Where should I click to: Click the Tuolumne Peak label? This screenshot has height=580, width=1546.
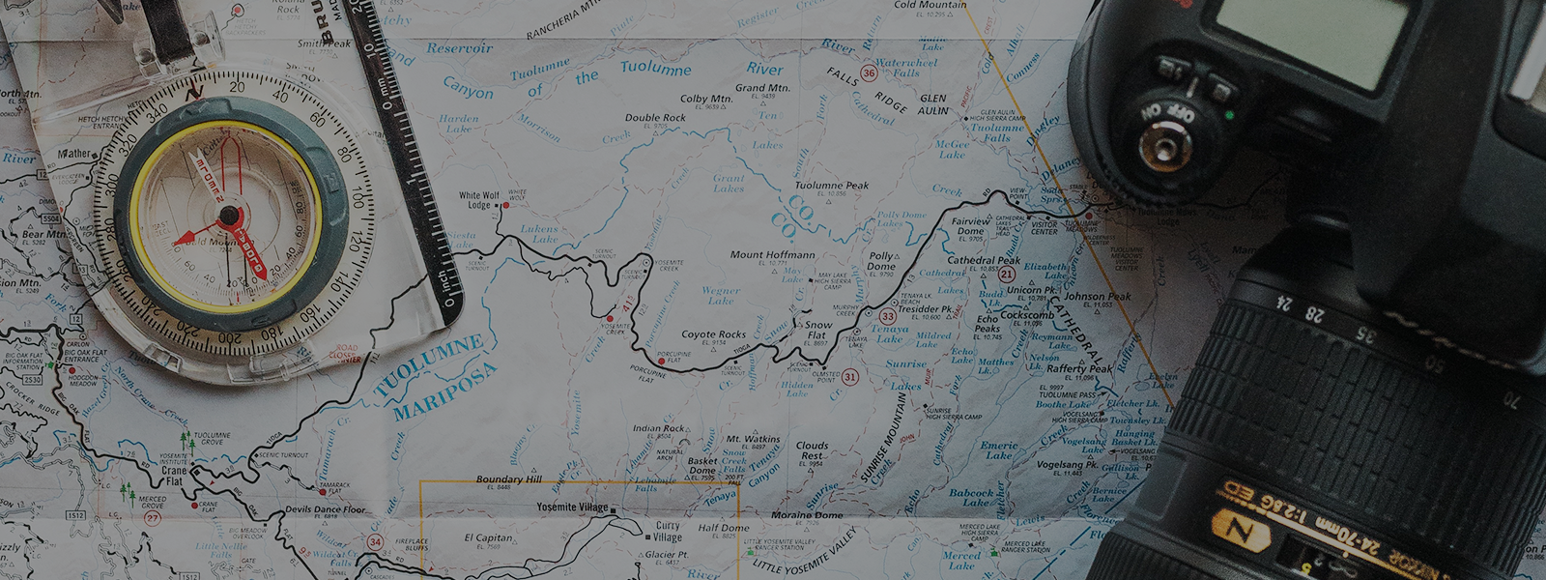tap(831, 186)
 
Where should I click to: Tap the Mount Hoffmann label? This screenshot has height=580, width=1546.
tap(772, 255)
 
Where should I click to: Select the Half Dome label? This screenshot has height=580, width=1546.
tap(723, 528)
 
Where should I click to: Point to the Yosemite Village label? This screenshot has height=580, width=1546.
tap(573, 507)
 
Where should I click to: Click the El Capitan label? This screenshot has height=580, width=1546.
tap(488, 537)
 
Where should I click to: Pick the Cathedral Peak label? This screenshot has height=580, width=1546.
tap(984, 260)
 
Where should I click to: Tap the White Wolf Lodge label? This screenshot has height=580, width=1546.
tap(479, 200)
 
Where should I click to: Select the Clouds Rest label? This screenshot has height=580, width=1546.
tap(812, 450)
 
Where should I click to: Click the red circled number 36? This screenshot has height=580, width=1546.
tap(869, 73)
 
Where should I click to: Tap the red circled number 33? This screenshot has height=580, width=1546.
tap(887, 316)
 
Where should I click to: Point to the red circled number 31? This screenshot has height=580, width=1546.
tap(849, 377)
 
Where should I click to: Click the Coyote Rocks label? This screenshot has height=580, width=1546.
tap(713, 334)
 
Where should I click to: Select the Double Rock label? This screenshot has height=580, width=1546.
tap(655, 118)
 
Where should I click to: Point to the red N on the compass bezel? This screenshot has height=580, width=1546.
tap(194, 93)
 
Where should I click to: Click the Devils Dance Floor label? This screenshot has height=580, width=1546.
tap(326, 508)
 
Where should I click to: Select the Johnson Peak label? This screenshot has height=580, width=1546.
tap(1097, 297)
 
